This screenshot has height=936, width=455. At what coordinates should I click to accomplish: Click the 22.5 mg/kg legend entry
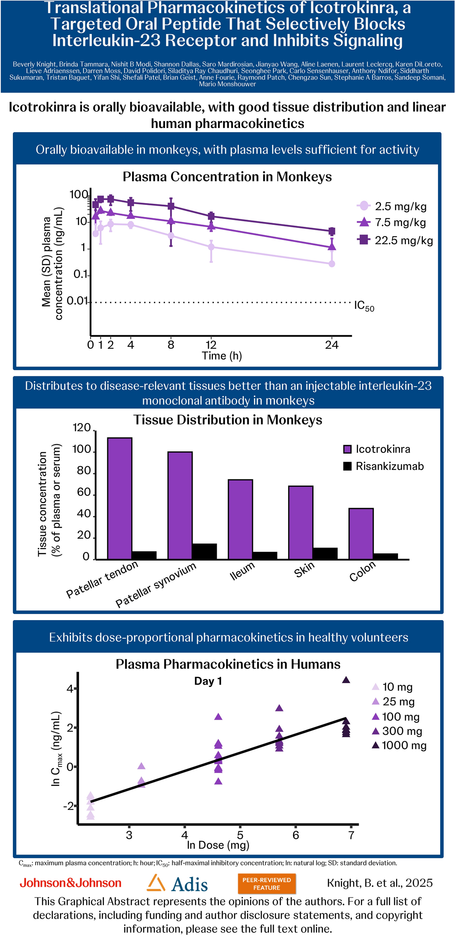(395, 240)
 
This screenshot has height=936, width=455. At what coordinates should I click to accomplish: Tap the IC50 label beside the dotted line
(364, 306)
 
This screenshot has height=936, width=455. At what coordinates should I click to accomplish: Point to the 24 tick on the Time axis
(332, 345)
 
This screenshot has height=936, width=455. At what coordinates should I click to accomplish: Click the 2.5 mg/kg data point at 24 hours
(332, 264)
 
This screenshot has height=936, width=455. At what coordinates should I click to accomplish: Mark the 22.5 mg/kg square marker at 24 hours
(332, 231)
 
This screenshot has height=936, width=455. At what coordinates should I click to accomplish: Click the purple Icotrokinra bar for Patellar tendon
(120, 498)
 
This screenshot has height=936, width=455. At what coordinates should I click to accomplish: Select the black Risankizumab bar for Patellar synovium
(204, 551)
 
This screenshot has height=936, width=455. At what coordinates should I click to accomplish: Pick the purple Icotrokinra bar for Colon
(361, 533)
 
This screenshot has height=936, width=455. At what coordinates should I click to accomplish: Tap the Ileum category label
(242, 571)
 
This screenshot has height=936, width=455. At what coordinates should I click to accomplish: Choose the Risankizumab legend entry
(383, 466)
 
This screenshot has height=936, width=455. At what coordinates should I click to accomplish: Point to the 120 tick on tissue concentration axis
(82, 428)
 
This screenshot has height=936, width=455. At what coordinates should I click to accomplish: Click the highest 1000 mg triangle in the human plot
(346, 680)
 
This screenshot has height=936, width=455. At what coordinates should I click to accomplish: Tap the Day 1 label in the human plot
(208, 681)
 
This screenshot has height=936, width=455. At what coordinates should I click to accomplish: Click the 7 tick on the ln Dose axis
(351, 835)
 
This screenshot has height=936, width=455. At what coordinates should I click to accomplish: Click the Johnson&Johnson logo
(71, 883)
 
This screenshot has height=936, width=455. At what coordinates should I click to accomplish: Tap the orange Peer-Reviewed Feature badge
(267, 884)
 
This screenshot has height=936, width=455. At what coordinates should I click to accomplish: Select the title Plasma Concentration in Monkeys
(227, 177)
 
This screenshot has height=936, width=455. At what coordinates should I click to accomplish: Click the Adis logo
(177, 884)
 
